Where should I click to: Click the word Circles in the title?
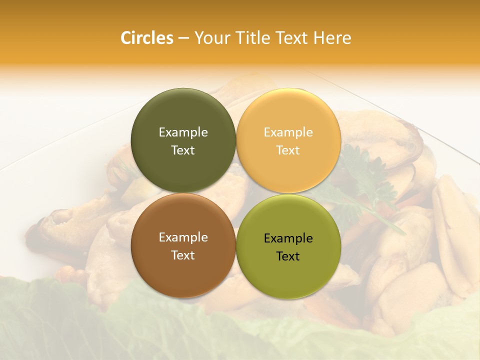pos(146,37)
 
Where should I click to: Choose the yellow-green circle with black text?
pos(288,270)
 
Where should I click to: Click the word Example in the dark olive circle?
pos(183,132)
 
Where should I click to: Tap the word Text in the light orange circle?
pos(288,150)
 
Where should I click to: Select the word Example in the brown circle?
pos(183,237)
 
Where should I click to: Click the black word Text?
pos(288,256)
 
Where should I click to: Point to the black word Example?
pos(288,238)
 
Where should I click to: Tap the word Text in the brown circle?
pos(183,255)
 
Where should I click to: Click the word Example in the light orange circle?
pos(288,132)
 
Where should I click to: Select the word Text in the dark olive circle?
pos(183,150)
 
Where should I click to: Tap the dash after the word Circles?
pos(183,38)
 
